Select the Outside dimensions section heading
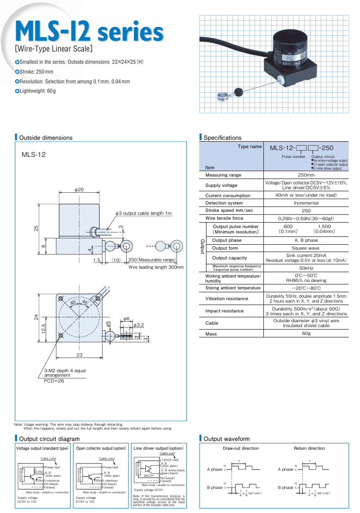click(x=46, y=138)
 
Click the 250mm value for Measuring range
click(x=306, y=175)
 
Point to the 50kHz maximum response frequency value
click(x=306, y=268)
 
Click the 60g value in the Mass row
click(x=306, y=333)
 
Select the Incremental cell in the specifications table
click(x=306, y=203)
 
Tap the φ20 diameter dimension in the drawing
click(x=79, y=189)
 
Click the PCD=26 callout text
click(x=51, y=381)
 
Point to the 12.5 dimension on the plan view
click(x=43, y=328)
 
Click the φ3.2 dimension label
click(x=139, y=325)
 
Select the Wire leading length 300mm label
click(x=156, y=267)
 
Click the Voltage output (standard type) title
click(x=43, y=448)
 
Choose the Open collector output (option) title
click(x=102, y=448)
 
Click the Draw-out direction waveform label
click(x=240, y=448)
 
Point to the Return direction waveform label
click(x=309, y=448)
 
